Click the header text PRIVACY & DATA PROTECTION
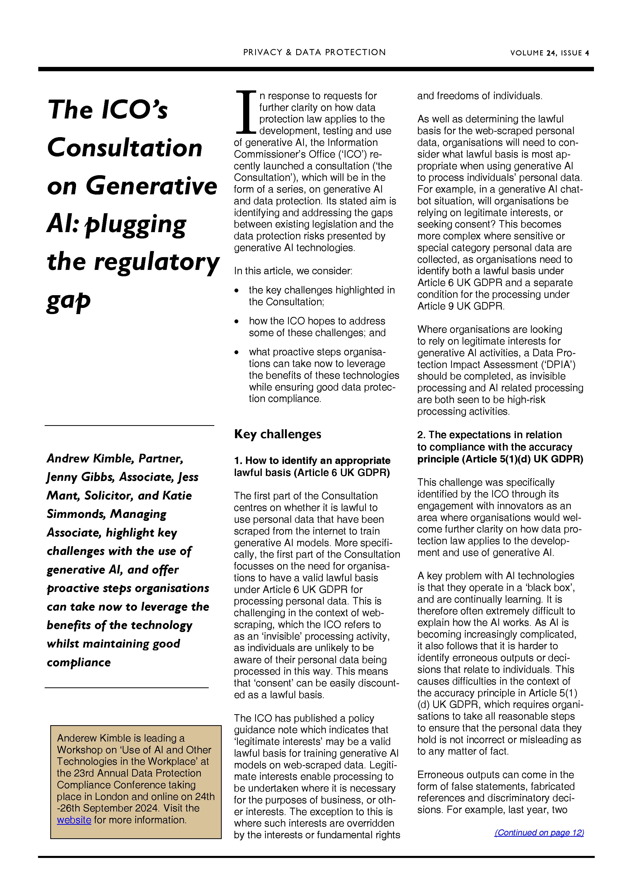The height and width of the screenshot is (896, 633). coord(314,52)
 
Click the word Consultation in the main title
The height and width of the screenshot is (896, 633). coord(125,148)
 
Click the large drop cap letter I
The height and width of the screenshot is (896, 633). coord(246,112)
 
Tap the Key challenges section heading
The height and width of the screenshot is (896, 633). coord(277,434)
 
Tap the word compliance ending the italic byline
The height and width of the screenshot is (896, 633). coord(79,662)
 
